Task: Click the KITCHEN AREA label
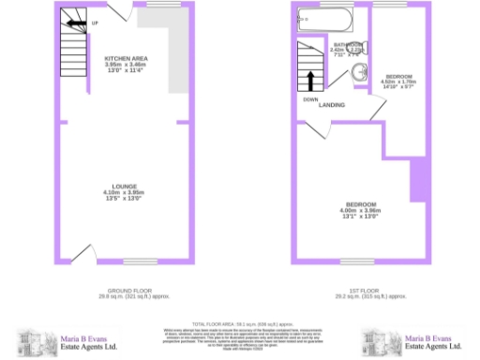[x=126, y=58]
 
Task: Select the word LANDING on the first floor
[x=331, y=105]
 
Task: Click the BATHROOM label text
[x=343, y=44]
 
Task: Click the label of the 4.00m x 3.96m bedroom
[x=360, y=204]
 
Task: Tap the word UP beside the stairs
[x=97, y=21]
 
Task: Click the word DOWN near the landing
[x=308, y=98]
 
